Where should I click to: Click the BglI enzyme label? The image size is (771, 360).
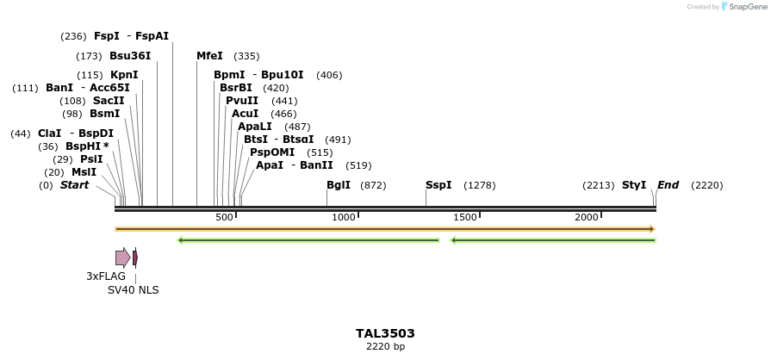click(x=339, y=185)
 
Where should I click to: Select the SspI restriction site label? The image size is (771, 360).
click(x=438, y=185)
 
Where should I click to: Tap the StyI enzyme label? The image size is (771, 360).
click(x=634, y=185)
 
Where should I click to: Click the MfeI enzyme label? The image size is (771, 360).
click(x=209, y=56)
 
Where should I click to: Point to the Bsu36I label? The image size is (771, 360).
click(x=130, y=56)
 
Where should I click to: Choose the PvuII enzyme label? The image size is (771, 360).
click(x=242, y=101)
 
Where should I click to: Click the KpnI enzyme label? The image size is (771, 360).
click(x=124, y=75)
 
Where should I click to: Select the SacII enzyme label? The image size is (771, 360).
click(x=109, y=101)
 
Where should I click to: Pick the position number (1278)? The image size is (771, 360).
click(x=480, y=185)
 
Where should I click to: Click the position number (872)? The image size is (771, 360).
click(x=373, y=185)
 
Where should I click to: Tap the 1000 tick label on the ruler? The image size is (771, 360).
click(x=344, y=217)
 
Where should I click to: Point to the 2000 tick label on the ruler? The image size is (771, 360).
click(x=587, y=217)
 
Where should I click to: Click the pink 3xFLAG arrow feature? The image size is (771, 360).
click(x=122, y=257)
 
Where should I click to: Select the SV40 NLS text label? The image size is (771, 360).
click(x=133, y=290)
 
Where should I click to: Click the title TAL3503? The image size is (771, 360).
click(x=385, y=333)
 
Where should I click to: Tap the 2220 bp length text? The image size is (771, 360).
click(x=385, y=346)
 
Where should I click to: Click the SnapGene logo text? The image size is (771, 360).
click(x=747, y=7)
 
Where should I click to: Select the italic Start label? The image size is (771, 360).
click(x=74, y=185)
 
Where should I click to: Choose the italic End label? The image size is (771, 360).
click(x=668, y=185)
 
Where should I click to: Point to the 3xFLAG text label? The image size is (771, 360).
click(x=106, y=276)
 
